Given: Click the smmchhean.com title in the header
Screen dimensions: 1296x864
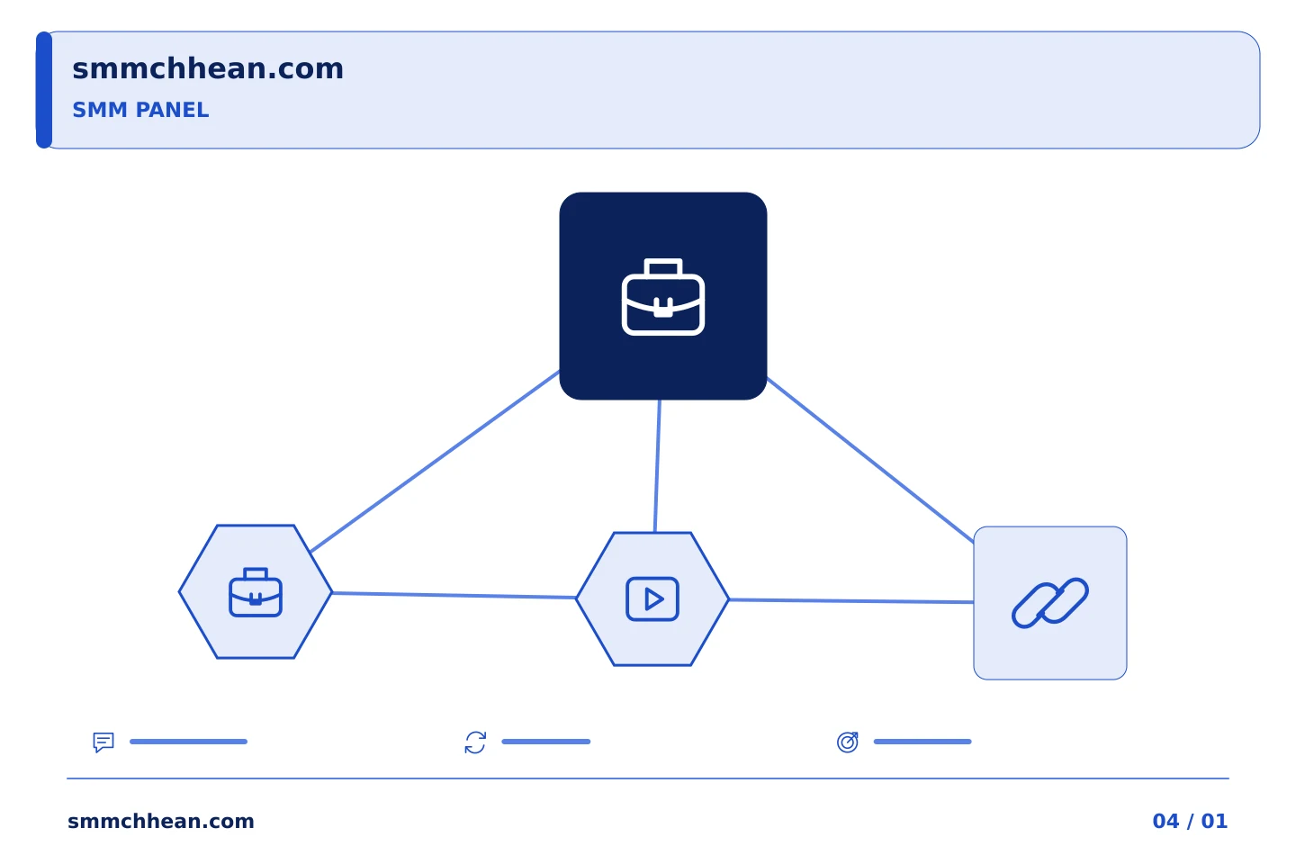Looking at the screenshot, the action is [x=208, y=69].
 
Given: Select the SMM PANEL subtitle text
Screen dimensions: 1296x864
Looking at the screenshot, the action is [x=140, y=110].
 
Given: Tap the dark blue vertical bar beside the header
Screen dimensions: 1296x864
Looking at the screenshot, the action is [x=44, y=90].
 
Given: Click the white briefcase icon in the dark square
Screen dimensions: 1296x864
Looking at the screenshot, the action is [x=663, y=297].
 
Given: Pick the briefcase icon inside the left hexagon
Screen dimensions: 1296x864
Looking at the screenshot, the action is [x=256, y=592].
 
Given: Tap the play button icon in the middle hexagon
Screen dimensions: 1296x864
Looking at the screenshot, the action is [x=652, y=599].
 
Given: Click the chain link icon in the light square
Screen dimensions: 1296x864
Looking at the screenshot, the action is [x=1050, y=602].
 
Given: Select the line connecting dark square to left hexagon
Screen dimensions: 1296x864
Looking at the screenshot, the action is [x=435, y=461].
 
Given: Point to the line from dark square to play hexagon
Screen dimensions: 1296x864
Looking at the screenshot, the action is [x=657, y=466].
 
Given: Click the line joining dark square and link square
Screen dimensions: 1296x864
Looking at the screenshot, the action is [x=870, y=460].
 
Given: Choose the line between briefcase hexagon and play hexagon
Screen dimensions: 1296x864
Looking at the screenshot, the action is [x=454, y=596].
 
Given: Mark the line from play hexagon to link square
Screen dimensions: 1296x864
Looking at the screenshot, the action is [x=851, y=601].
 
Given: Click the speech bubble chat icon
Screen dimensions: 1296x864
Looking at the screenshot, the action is [x=103, y=742].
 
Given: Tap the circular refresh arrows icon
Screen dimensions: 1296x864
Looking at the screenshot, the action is [x=475, y=742].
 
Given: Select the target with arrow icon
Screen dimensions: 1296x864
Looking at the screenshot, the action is [x=848, y=742].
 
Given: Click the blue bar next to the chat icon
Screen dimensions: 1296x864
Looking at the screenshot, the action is [x=189, y=742].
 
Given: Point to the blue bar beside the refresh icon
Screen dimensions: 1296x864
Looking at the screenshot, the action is [x=546, y=742].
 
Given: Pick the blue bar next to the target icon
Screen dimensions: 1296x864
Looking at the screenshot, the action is [x=922, y=742].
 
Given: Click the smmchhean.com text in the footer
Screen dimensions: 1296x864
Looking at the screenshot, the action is [x=161, y=821].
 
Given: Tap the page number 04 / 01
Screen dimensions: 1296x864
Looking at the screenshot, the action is [x=1190, y=821].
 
